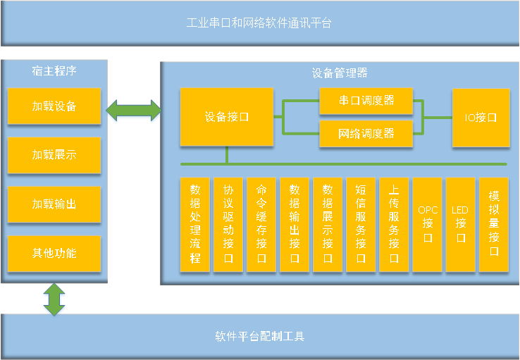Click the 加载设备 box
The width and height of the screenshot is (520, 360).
coord(54,106)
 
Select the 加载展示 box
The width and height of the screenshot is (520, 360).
coord(54,155)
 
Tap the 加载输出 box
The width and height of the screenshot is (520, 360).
coord(54,204)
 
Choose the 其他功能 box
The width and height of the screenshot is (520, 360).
coord(54,254)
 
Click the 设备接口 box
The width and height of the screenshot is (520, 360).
coord(226,117)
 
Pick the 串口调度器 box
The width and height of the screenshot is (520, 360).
coord(366,101)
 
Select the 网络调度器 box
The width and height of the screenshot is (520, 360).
coord(366,133)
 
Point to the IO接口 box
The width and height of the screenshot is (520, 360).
coord(481,118)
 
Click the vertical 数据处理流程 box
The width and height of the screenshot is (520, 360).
coord(195,225)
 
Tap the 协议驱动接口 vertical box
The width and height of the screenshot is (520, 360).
coord(228,225)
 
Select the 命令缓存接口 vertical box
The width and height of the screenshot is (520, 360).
coord(261,225)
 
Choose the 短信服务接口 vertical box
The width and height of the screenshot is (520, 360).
coord(361,225)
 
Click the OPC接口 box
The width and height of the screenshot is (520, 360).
coord(428,225)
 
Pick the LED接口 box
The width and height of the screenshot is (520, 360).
coord(461,225)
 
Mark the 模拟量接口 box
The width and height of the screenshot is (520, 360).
coord(494,225)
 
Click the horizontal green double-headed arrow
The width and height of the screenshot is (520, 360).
coord(134,110)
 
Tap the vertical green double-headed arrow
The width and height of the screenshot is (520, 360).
coord(54,299)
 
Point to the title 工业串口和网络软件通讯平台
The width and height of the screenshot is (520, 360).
coord(259,23)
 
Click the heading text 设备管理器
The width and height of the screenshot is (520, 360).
coord(340,73)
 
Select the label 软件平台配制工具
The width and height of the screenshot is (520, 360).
coord(260,336)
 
